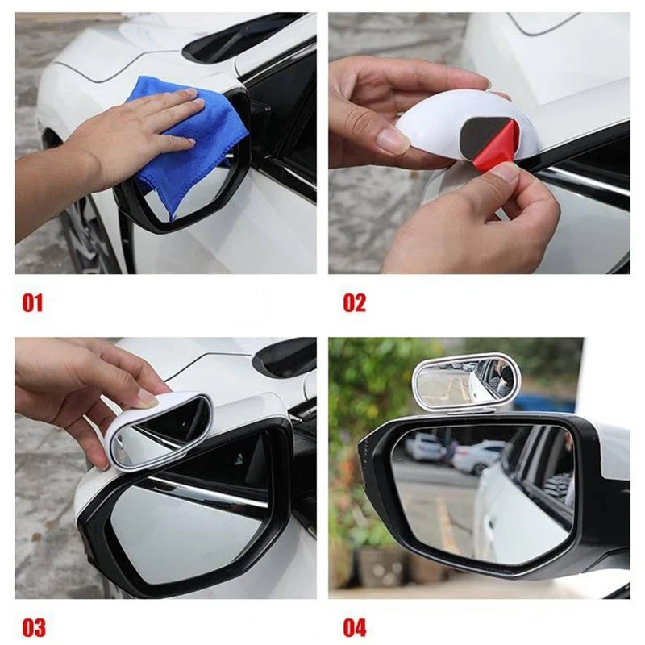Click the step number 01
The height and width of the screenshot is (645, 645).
tap(32, 303)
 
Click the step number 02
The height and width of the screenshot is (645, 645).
tap(354, 303)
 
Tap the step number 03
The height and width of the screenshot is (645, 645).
tap(34, 628)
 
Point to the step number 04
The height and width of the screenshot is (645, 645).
tap(355, 628)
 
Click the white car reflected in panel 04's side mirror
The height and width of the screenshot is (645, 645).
tap(522, 506)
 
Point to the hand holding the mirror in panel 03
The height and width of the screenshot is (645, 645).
tap(82, 395)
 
